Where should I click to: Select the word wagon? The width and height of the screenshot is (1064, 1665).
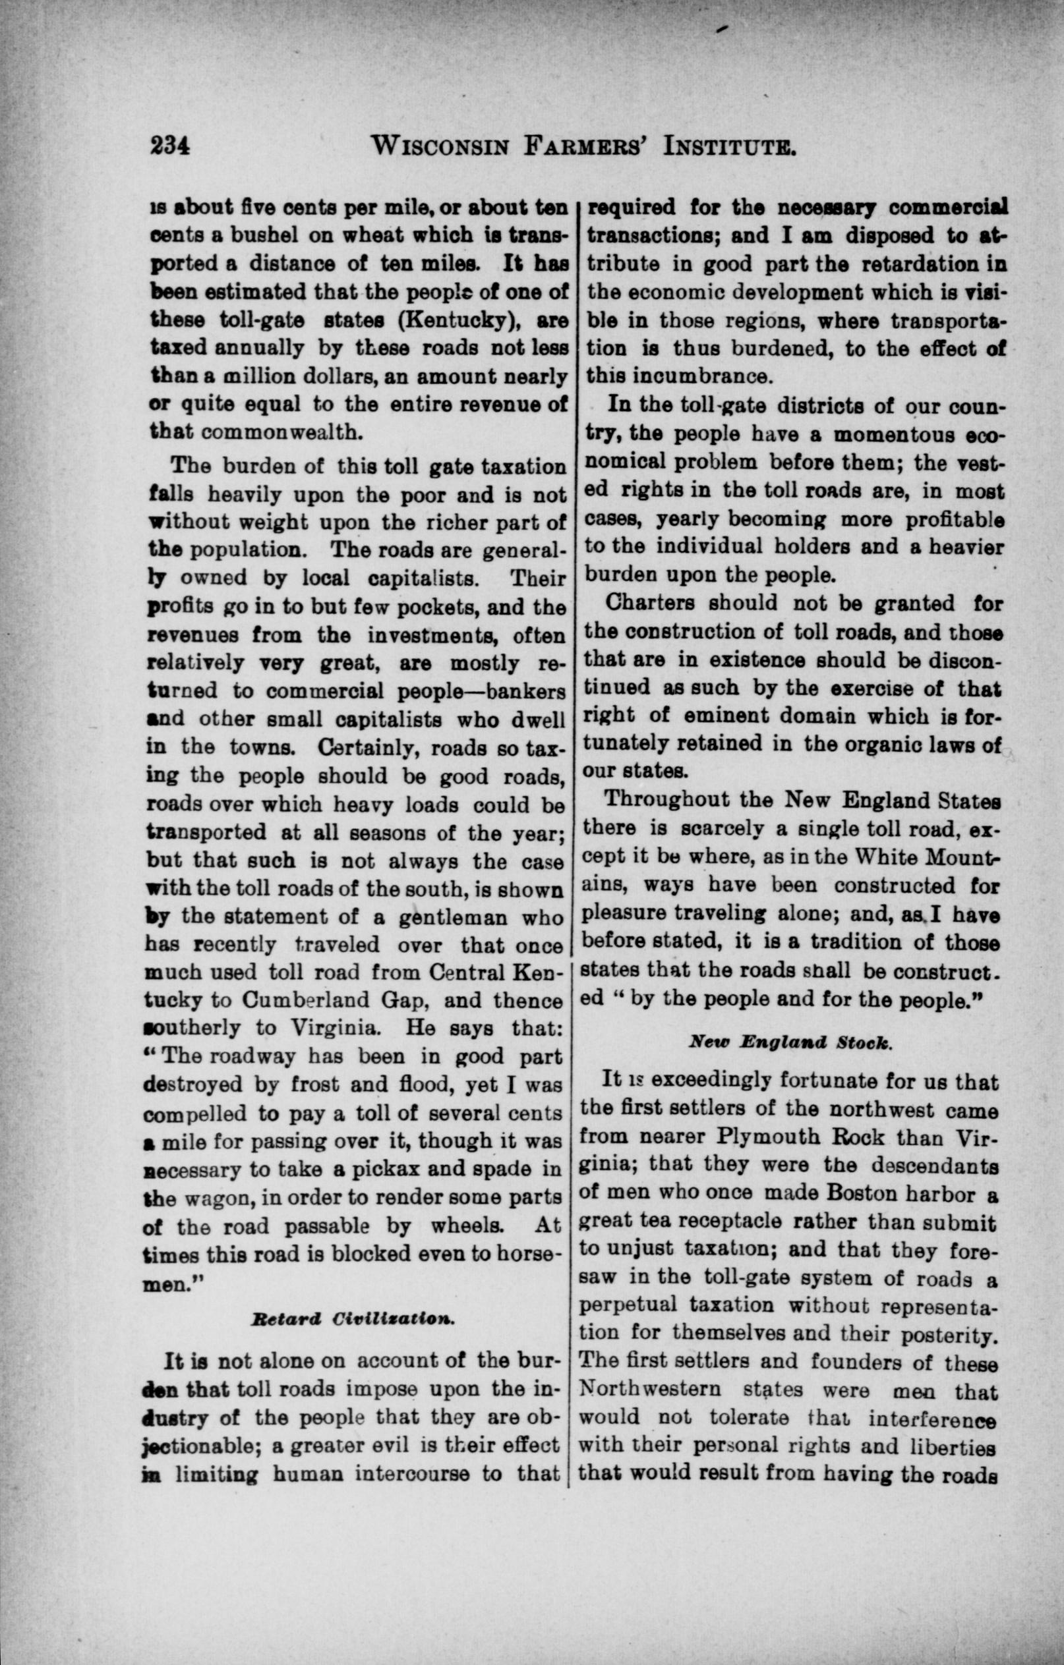222,1199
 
